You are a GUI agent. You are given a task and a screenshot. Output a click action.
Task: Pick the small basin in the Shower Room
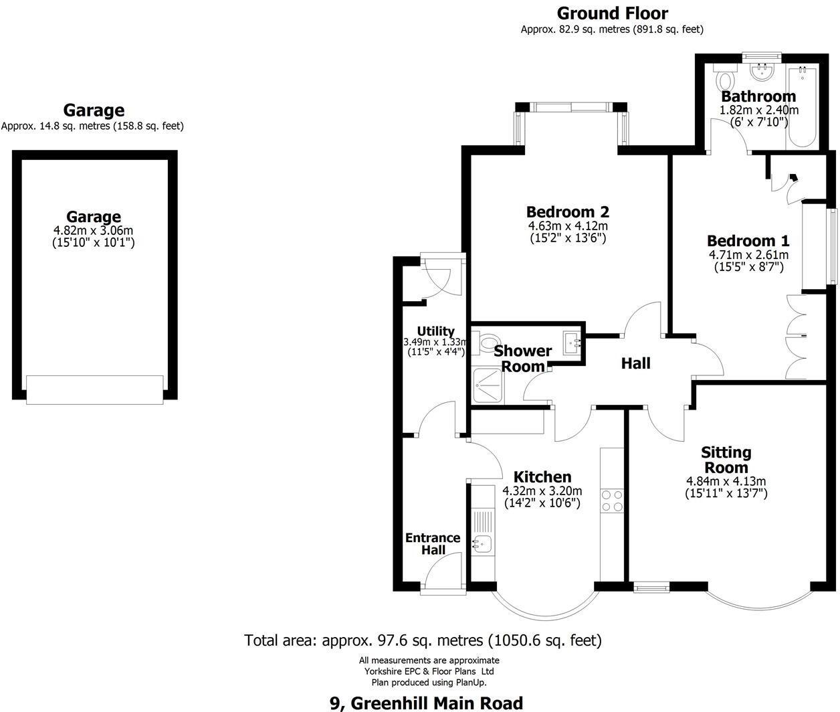click(573, 343)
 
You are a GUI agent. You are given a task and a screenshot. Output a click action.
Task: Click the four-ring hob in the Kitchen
click(612, 501)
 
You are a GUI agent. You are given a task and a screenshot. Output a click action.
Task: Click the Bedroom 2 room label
click(567, 211)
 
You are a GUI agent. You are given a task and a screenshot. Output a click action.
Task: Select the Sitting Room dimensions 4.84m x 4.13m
click(726, 481)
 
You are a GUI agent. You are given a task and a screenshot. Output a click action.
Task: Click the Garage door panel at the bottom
click(94, 389)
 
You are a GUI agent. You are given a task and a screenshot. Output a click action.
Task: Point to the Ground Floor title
click(612, 13)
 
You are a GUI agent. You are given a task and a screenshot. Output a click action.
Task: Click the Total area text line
click(423, 640)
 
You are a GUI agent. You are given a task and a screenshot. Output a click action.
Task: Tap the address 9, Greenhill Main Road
click(426, 703)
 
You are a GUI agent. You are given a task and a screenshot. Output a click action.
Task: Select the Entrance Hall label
click(433, 543)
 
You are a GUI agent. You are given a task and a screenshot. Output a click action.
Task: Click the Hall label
click(635, 363)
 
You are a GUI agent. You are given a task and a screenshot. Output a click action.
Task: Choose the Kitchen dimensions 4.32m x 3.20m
click(542, 491)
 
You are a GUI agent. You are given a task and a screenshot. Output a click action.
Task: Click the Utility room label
click(435, 331)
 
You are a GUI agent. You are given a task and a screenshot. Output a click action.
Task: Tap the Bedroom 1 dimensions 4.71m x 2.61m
click(748, 255)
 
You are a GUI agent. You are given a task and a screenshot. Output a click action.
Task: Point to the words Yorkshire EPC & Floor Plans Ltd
click(429, 671)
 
